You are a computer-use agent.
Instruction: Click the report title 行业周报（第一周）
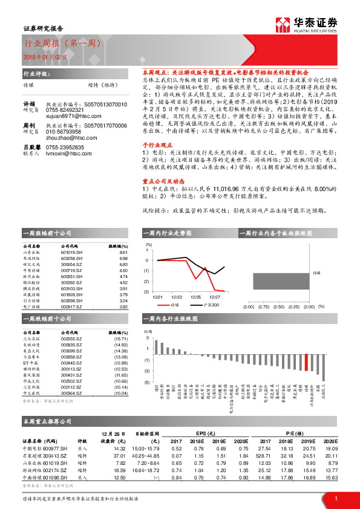pyautogui.click(x=57, y=44)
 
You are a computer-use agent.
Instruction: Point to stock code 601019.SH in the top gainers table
pyautogui.click(x=72, y=252)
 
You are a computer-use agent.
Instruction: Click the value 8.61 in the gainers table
pyautogui.click(x=124, y=252)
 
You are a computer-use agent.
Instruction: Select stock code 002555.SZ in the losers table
pyautogui.click(x=72, y=339)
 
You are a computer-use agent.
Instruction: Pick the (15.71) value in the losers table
pyautogui.click(x=122, y=339)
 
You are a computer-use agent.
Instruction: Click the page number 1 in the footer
pyautogui.click(x=336, y=499)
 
